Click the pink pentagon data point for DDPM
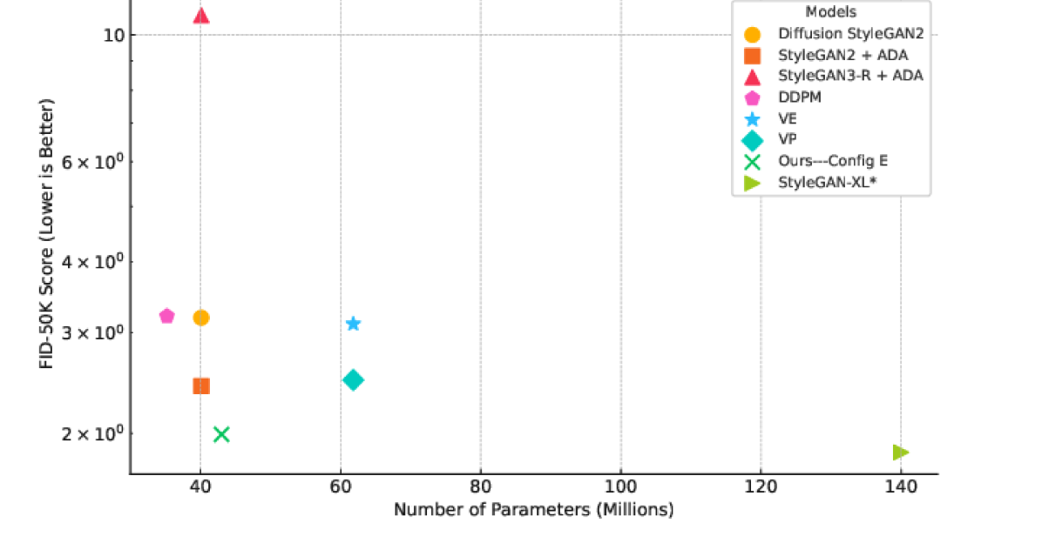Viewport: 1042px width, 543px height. coord(166,316)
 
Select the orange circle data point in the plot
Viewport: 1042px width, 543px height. coord(201,318)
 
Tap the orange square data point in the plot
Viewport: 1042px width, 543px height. coord(201,385)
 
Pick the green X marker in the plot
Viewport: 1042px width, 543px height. coord(221,434)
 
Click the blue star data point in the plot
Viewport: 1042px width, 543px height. coord(353,324)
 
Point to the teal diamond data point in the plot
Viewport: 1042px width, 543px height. coord(353,379)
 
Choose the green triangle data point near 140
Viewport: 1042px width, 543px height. coord(900,452)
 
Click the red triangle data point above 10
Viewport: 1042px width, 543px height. coord(201,15)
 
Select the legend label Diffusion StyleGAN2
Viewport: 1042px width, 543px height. coord(850,34)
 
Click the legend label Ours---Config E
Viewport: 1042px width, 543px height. coord(833,161)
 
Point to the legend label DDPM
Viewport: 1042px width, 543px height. coord(799,97)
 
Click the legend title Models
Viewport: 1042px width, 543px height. coord(830,12)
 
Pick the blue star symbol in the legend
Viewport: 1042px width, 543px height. coord(752,119)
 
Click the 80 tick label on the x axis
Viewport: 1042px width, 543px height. coord(480,487)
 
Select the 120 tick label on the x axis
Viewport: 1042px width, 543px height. coord(761,487)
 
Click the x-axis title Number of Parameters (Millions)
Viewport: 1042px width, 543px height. coord(533,510)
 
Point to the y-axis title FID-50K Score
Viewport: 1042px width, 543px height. coord(47,233)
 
